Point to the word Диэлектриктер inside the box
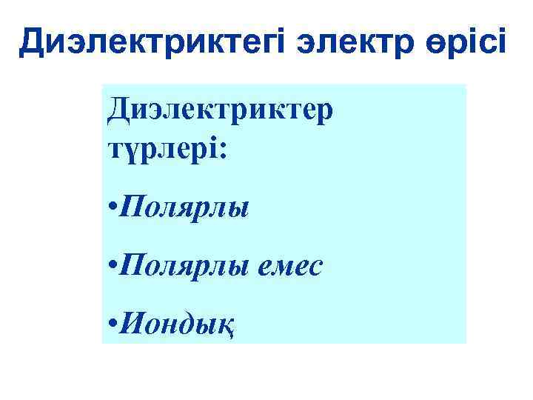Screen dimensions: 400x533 pos(220,113)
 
